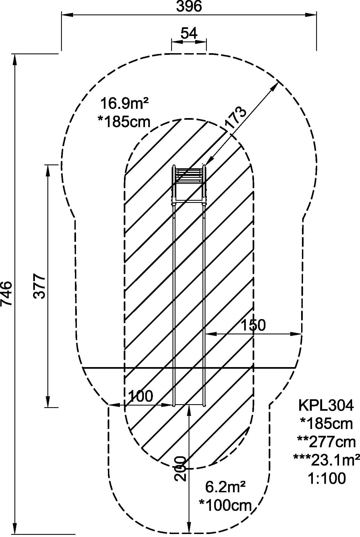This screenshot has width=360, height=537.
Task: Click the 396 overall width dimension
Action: (x=189, y=6)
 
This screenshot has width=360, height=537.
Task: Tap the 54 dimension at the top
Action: (x=189, y=33)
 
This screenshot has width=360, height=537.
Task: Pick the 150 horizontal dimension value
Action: (x=253, y=325)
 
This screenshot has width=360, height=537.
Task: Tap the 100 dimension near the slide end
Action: (x=140, y=396)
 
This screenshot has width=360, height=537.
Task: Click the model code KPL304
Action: (x=326, y=406)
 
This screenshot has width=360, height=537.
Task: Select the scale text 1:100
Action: (x=327, y=478)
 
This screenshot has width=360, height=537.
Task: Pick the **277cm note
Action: (x=326, y=442)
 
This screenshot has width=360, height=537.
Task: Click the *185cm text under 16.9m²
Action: (x=124, y=122)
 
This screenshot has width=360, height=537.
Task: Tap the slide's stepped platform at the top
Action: (x=189, y=175)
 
